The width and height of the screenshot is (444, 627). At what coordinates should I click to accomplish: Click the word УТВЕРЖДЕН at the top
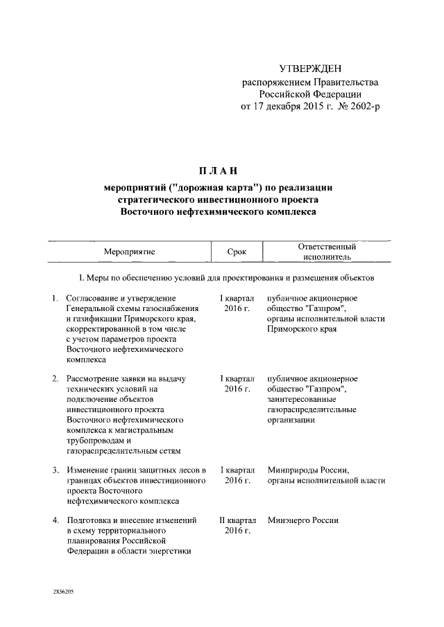(310, 68)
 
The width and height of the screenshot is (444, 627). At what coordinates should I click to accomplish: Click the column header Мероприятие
(130, 251)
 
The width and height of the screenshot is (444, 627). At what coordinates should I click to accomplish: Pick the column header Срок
(237, 251)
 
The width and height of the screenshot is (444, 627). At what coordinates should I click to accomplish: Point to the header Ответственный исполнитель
(327, 251)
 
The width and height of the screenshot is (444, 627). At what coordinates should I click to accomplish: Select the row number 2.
(55, 378)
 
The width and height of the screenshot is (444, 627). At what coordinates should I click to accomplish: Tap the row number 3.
(55, 470)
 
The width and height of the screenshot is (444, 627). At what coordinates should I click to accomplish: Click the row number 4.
(55, 520)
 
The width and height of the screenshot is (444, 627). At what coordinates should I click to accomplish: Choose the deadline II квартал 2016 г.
(237, 524)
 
